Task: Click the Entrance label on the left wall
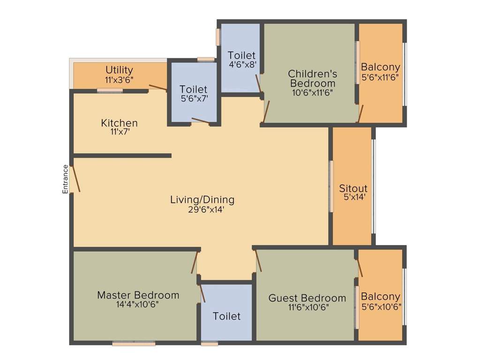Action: tap(66, 179)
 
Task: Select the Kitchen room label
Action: tap(120, 123)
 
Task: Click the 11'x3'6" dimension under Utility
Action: tap(119, 80)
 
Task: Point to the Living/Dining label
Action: tap(202, 200)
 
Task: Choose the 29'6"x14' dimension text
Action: tap(202, 210)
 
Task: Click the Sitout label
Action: tap(353, 188)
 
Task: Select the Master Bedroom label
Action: tap(138, 295)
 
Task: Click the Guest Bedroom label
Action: tap(307, 298)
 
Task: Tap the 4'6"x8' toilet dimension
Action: tap(242, 65)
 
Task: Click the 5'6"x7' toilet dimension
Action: tap(193, 99)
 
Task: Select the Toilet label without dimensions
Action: tap(226, 316)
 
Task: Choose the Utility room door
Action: tap(157, 88)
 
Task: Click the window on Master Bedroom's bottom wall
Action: tap(134, 344)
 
